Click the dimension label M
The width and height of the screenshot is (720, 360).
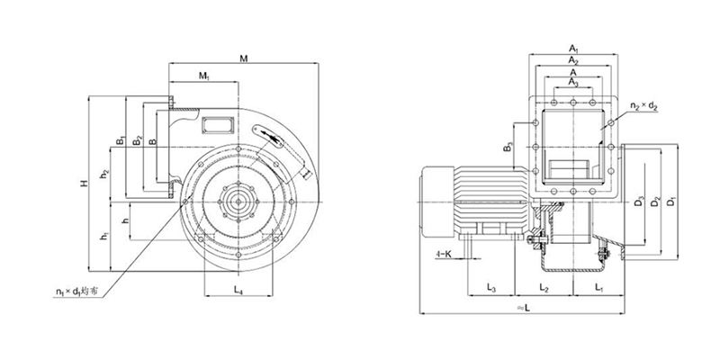243,59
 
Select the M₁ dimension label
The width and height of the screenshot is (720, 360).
205,76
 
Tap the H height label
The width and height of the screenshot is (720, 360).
82,184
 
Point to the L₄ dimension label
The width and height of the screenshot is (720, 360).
238,289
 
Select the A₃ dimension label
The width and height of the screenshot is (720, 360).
573,82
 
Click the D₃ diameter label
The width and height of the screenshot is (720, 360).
637,200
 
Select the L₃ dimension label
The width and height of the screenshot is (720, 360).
491,288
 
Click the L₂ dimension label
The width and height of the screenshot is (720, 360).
544,288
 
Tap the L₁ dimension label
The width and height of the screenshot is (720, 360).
599,288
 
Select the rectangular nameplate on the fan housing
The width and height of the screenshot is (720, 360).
216,120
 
